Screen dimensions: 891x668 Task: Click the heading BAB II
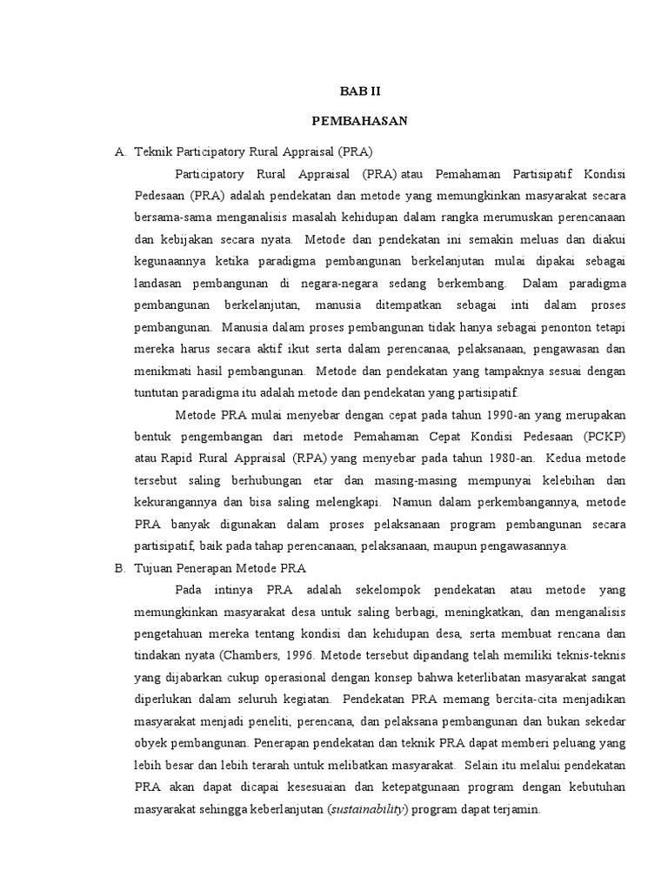[x=359, y=90]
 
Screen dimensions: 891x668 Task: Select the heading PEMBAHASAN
[x=359, y=121]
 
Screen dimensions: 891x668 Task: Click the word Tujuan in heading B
[x=157, y=568]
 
